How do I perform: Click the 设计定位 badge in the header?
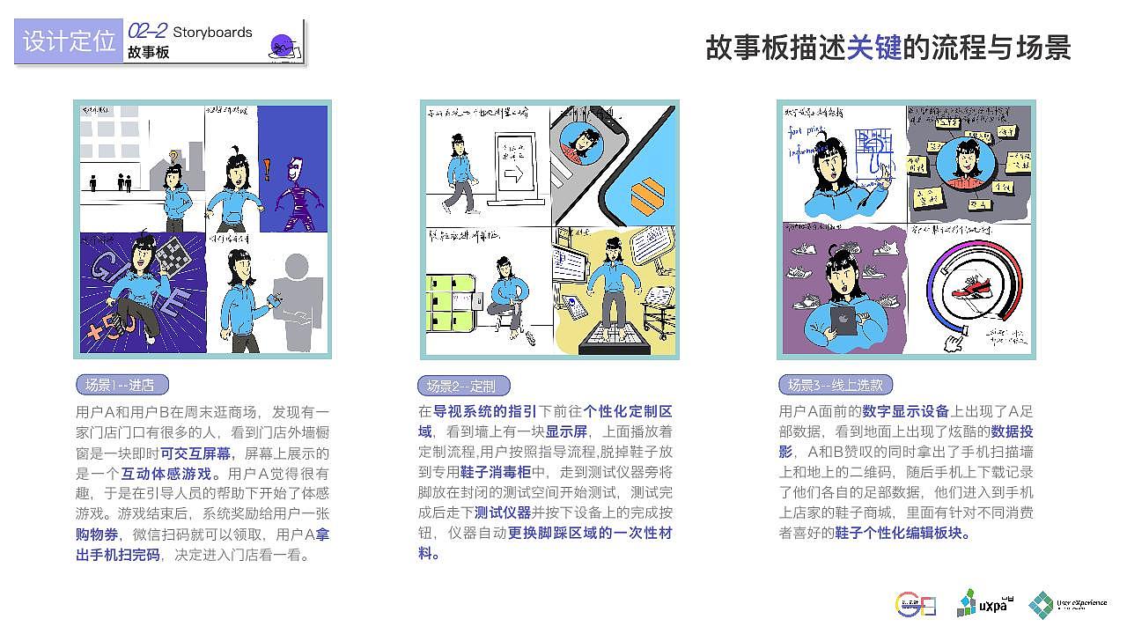(x=69, y=41)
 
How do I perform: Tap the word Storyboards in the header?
(x=212, y=33)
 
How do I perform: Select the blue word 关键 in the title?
(x=874, y=48)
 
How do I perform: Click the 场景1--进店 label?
(x=121, y=385)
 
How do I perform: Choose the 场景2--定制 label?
(x=461, y=386)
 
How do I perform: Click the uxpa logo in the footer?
(x=979, y=604)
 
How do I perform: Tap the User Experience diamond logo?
(x=1042, y=604)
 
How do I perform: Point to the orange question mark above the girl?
(x=174, y=158)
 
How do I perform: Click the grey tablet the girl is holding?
(x=843, y=320)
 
